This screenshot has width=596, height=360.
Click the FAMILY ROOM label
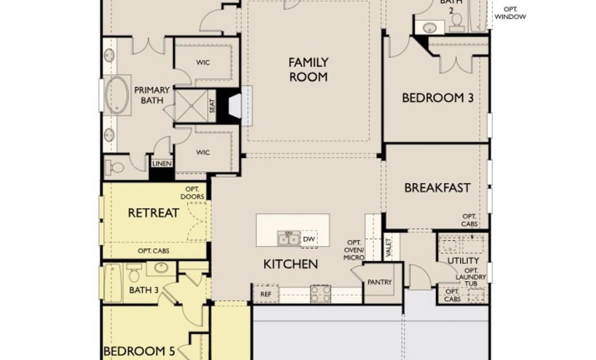coord(308,70)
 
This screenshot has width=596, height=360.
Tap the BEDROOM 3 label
coord(438,98)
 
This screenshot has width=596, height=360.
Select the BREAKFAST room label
coord(438,188)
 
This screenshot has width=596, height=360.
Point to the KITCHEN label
coord(291,264)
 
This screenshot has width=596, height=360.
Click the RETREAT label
coord(154,213)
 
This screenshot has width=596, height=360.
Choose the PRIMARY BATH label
coord(151,95)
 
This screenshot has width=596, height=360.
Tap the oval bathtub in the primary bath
coord(117,95)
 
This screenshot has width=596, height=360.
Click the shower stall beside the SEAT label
coord(191,106)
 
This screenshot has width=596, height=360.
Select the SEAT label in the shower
coord(212,106)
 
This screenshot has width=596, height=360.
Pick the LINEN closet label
coord(162,164)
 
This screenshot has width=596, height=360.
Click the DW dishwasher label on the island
coord(309,239)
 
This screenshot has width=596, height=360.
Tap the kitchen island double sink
coord(288,239)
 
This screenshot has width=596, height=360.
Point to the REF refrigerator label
coord(266,294)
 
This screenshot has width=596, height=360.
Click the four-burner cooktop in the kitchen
coord(320,294)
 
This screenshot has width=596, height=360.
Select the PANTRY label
coord(380,282)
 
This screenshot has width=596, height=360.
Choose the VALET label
coord(388,247)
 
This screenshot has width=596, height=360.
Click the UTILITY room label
coord(463,261)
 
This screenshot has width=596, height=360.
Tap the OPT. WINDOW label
coord(510,13)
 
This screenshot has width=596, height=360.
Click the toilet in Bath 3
coord(134,273)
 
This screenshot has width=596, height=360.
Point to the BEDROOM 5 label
coord(139,351)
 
